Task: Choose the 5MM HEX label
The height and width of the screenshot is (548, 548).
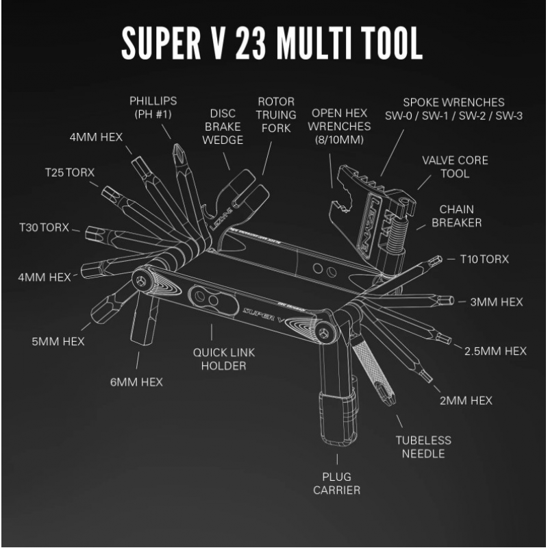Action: click(x=58, y=341)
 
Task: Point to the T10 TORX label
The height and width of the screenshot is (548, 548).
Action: click(x=480, y=260)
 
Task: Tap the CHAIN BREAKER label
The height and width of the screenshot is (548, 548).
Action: click(x=457, y=216)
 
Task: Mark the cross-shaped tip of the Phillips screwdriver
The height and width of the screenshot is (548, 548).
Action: click(x=177, y=150)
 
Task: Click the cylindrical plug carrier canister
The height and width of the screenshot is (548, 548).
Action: click(x=336, y=417)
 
